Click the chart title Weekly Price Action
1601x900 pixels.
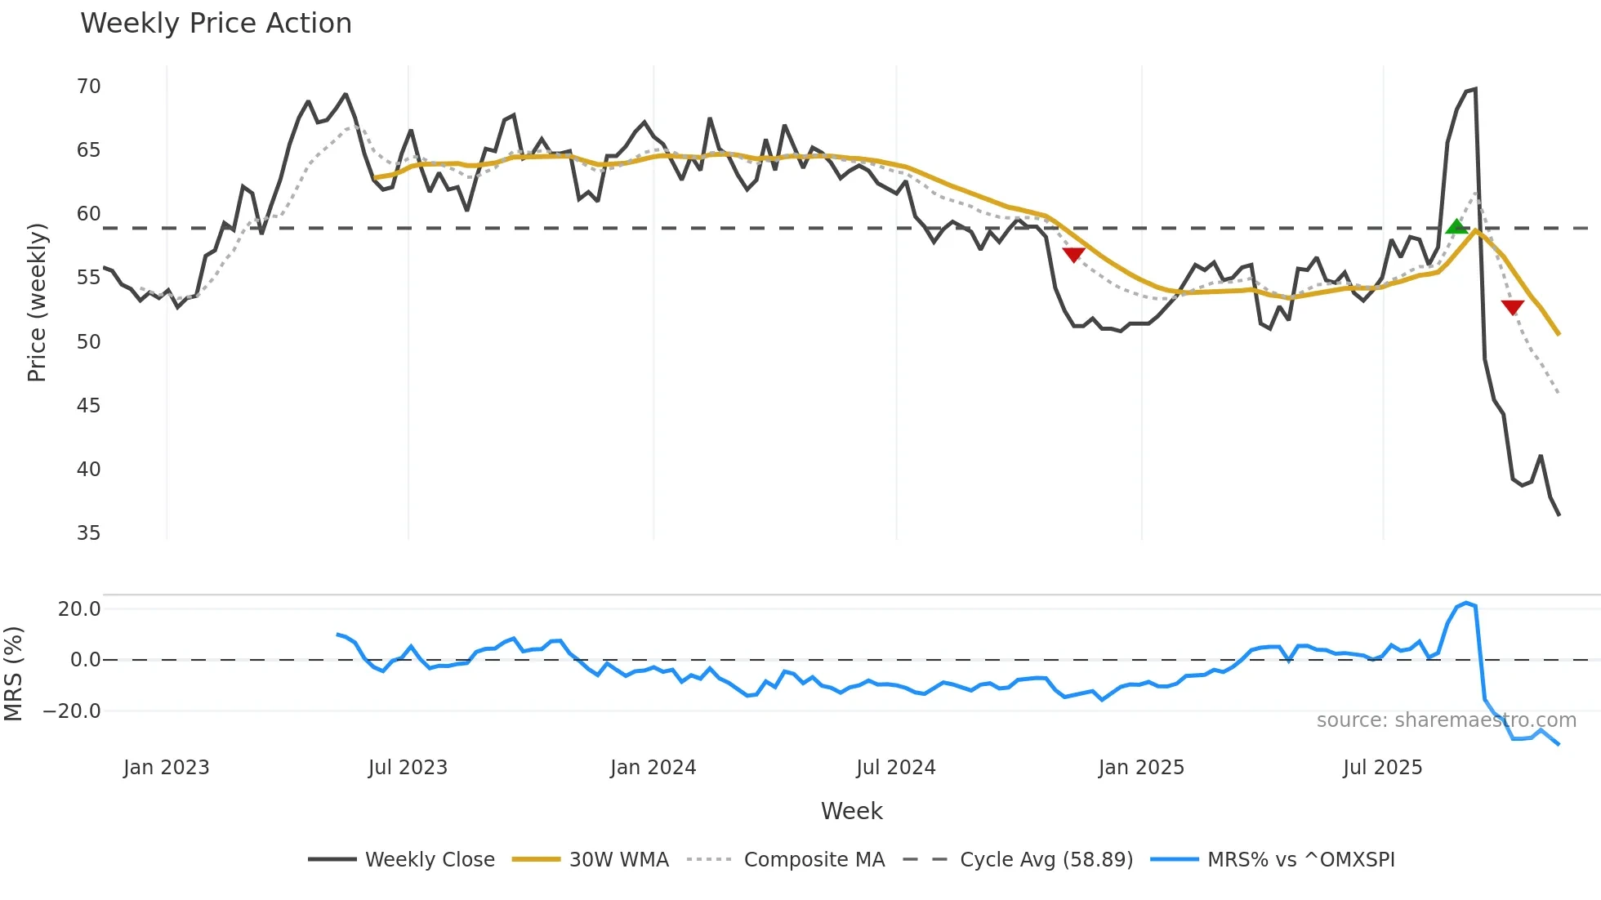click(x=216, y=24)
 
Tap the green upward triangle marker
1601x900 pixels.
click(x=1456, y=227)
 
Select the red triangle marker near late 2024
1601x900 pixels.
click(x=1073, y=255)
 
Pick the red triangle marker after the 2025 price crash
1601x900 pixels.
click(x=1512, y=307)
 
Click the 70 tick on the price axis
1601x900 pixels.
click(x=88, y=87)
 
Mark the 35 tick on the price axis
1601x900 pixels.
click(x=88, y=533)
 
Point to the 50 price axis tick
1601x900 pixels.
click(x=88, y=342)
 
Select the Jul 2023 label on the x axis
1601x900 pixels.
click(x=408, y=768)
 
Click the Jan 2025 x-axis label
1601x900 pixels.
click(x=1140, y=768)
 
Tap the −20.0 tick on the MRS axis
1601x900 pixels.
click(x=72, y=711)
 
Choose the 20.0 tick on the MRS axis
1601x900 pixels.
click(x=79, y=609)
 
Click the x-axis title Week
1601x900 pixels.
click(x=851, y=811)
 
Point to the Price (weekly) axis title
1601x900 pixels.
click(x=37, y=302)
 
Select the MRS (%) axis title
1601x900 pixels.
click(x=13, y=674)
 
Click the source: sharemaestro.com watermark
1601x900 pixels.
click(x=1446, y=720)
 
